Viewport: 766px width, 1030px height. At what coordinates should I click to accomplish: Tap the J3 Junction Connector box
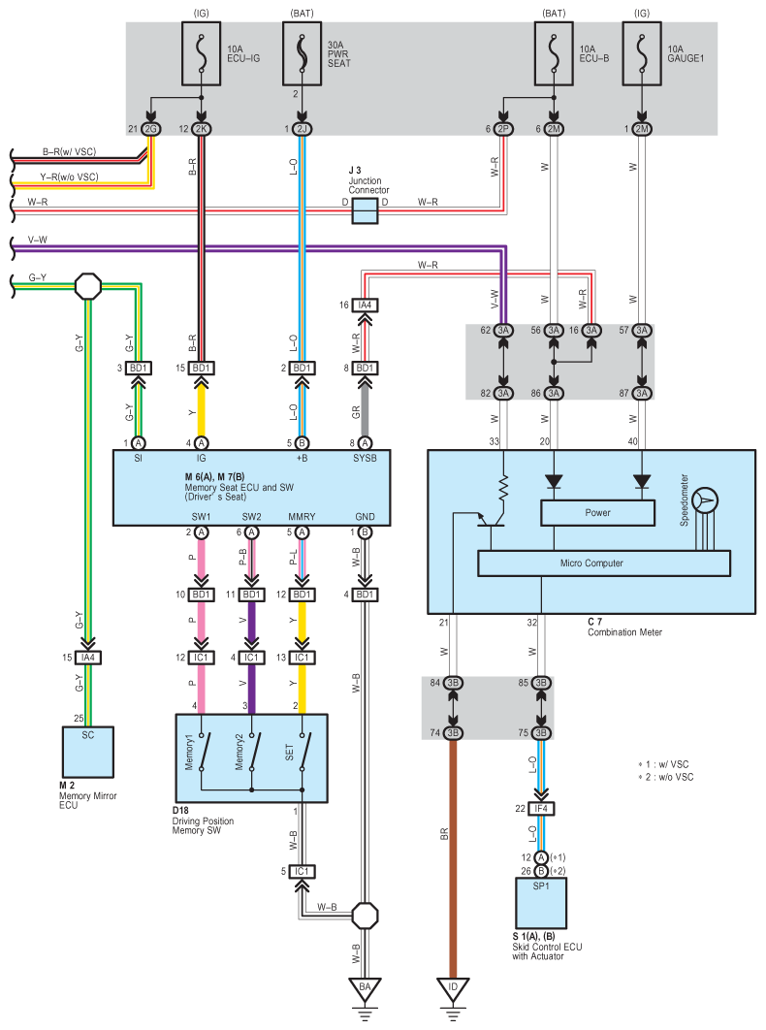click(365, 211)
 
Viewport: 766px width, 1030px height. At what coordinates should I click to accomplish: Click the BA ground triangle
click(366, 990)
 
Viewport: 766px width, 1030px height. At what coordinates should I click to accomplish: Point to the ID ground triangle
click(452, 990)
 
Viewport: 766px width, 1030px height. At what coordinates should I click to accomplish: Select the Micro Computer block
click(603, 563)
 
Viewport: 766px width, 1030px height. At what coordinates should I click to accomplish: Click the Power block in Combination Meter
click(596, 512)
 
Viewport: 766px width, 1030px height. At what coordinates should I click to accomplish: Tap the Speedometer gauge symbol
click(707, 500)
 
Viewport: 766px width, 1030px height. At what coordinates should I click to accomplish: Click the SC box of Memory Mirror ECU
click(88, 746)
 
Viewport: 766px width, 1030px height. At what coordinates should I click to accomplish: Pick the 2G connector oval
click(151, 129)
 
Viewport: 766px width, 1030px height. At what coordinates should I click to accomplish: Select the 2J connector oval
click(303, 129)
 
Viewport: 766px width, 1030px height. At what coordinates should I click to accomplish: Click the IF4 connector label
click(540, 808)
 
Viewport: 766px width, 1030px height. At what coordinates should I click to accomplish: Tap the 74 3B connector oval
click(452, 732)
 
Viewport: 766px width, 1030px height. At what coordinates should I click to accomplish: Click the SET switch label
click(291, 753)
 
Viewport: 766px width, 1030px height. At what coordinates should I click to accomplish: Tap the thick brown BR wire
click(452, 853)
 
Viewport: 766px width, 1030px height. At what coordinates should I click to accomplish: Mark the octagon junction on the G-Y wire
click(88, 287)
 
